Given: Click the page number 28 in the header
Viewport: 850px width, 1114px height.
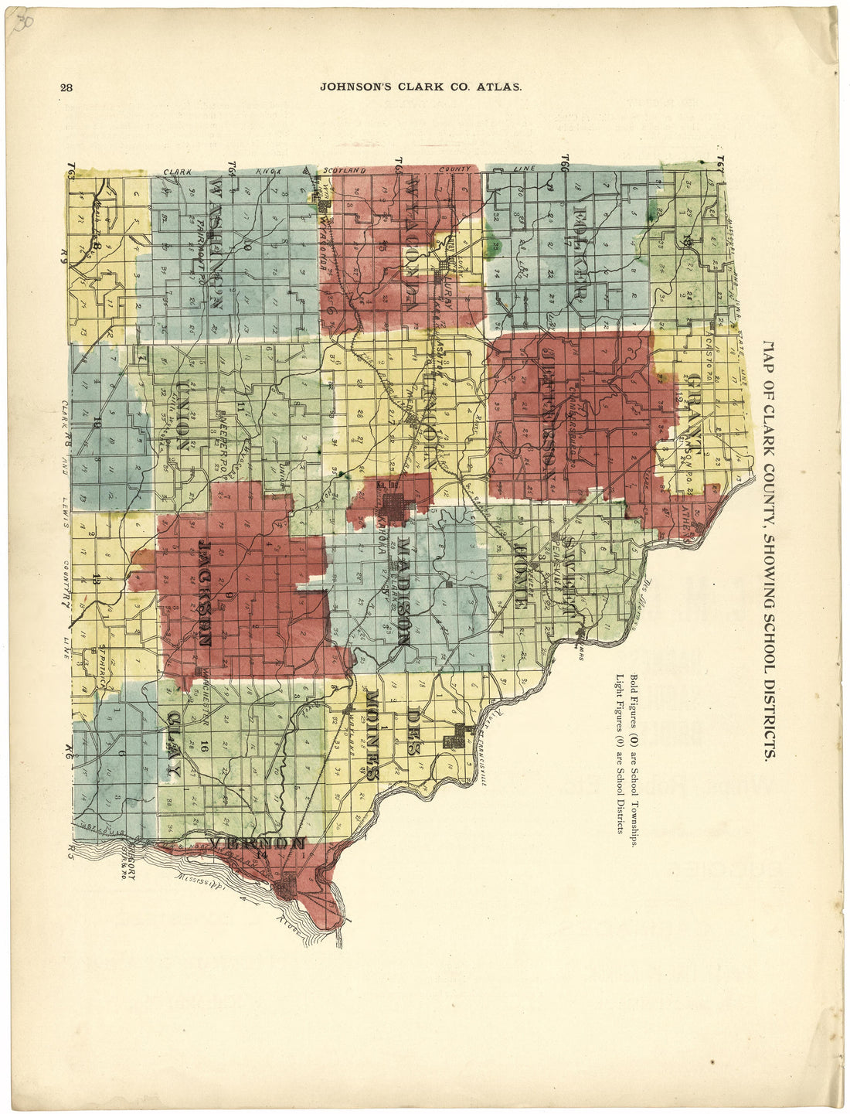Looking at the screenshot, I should [x=66, y=87].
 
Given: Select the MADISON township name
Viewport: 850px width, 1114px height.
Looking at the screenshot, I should [x=403, y=591].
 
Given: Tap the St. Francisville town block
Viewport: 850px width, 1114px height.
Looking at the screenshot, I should [x=454, y=738].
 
